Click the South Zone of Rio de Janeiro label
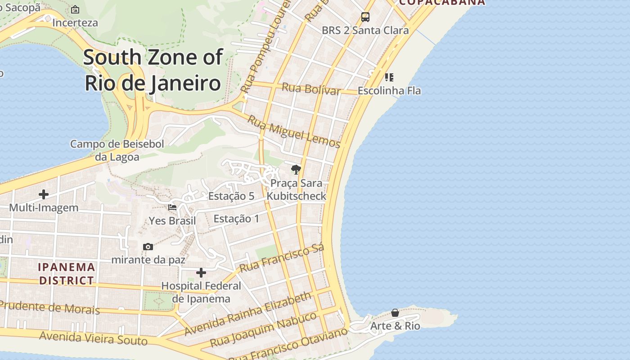(x=153, y=70)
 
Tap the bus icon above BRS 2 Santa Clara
(x=365, y=17)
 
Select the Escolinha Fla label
(x=389, y=90)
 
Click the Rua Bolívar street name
(x=311, y=88)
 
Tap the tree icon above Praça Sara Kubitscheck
(x=296, y=170)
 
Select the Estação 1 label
(x=236, y=219)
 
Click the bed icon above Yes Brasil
(x=172, y=207)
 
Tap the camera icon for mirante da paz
(x=148, y=247)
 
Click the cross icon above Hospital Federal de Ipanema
(x=201, y=273)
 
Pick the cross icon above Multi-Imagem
(x=44, y=194)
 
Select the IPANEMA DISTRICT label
(x=67, y=274)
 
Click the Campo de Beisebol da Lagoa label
(x=117, y=150)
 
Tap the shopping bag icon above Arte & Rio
(x=395, y=313)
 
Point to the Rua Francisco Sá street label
(x=282, y=259)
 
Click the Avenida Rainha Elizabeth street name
(x=248, y=314)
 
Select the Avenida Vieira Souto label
(x=93, y=338)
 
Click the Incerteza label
(x=75, y=22)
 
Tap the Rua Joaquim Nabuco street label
(x=263, y=329)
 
